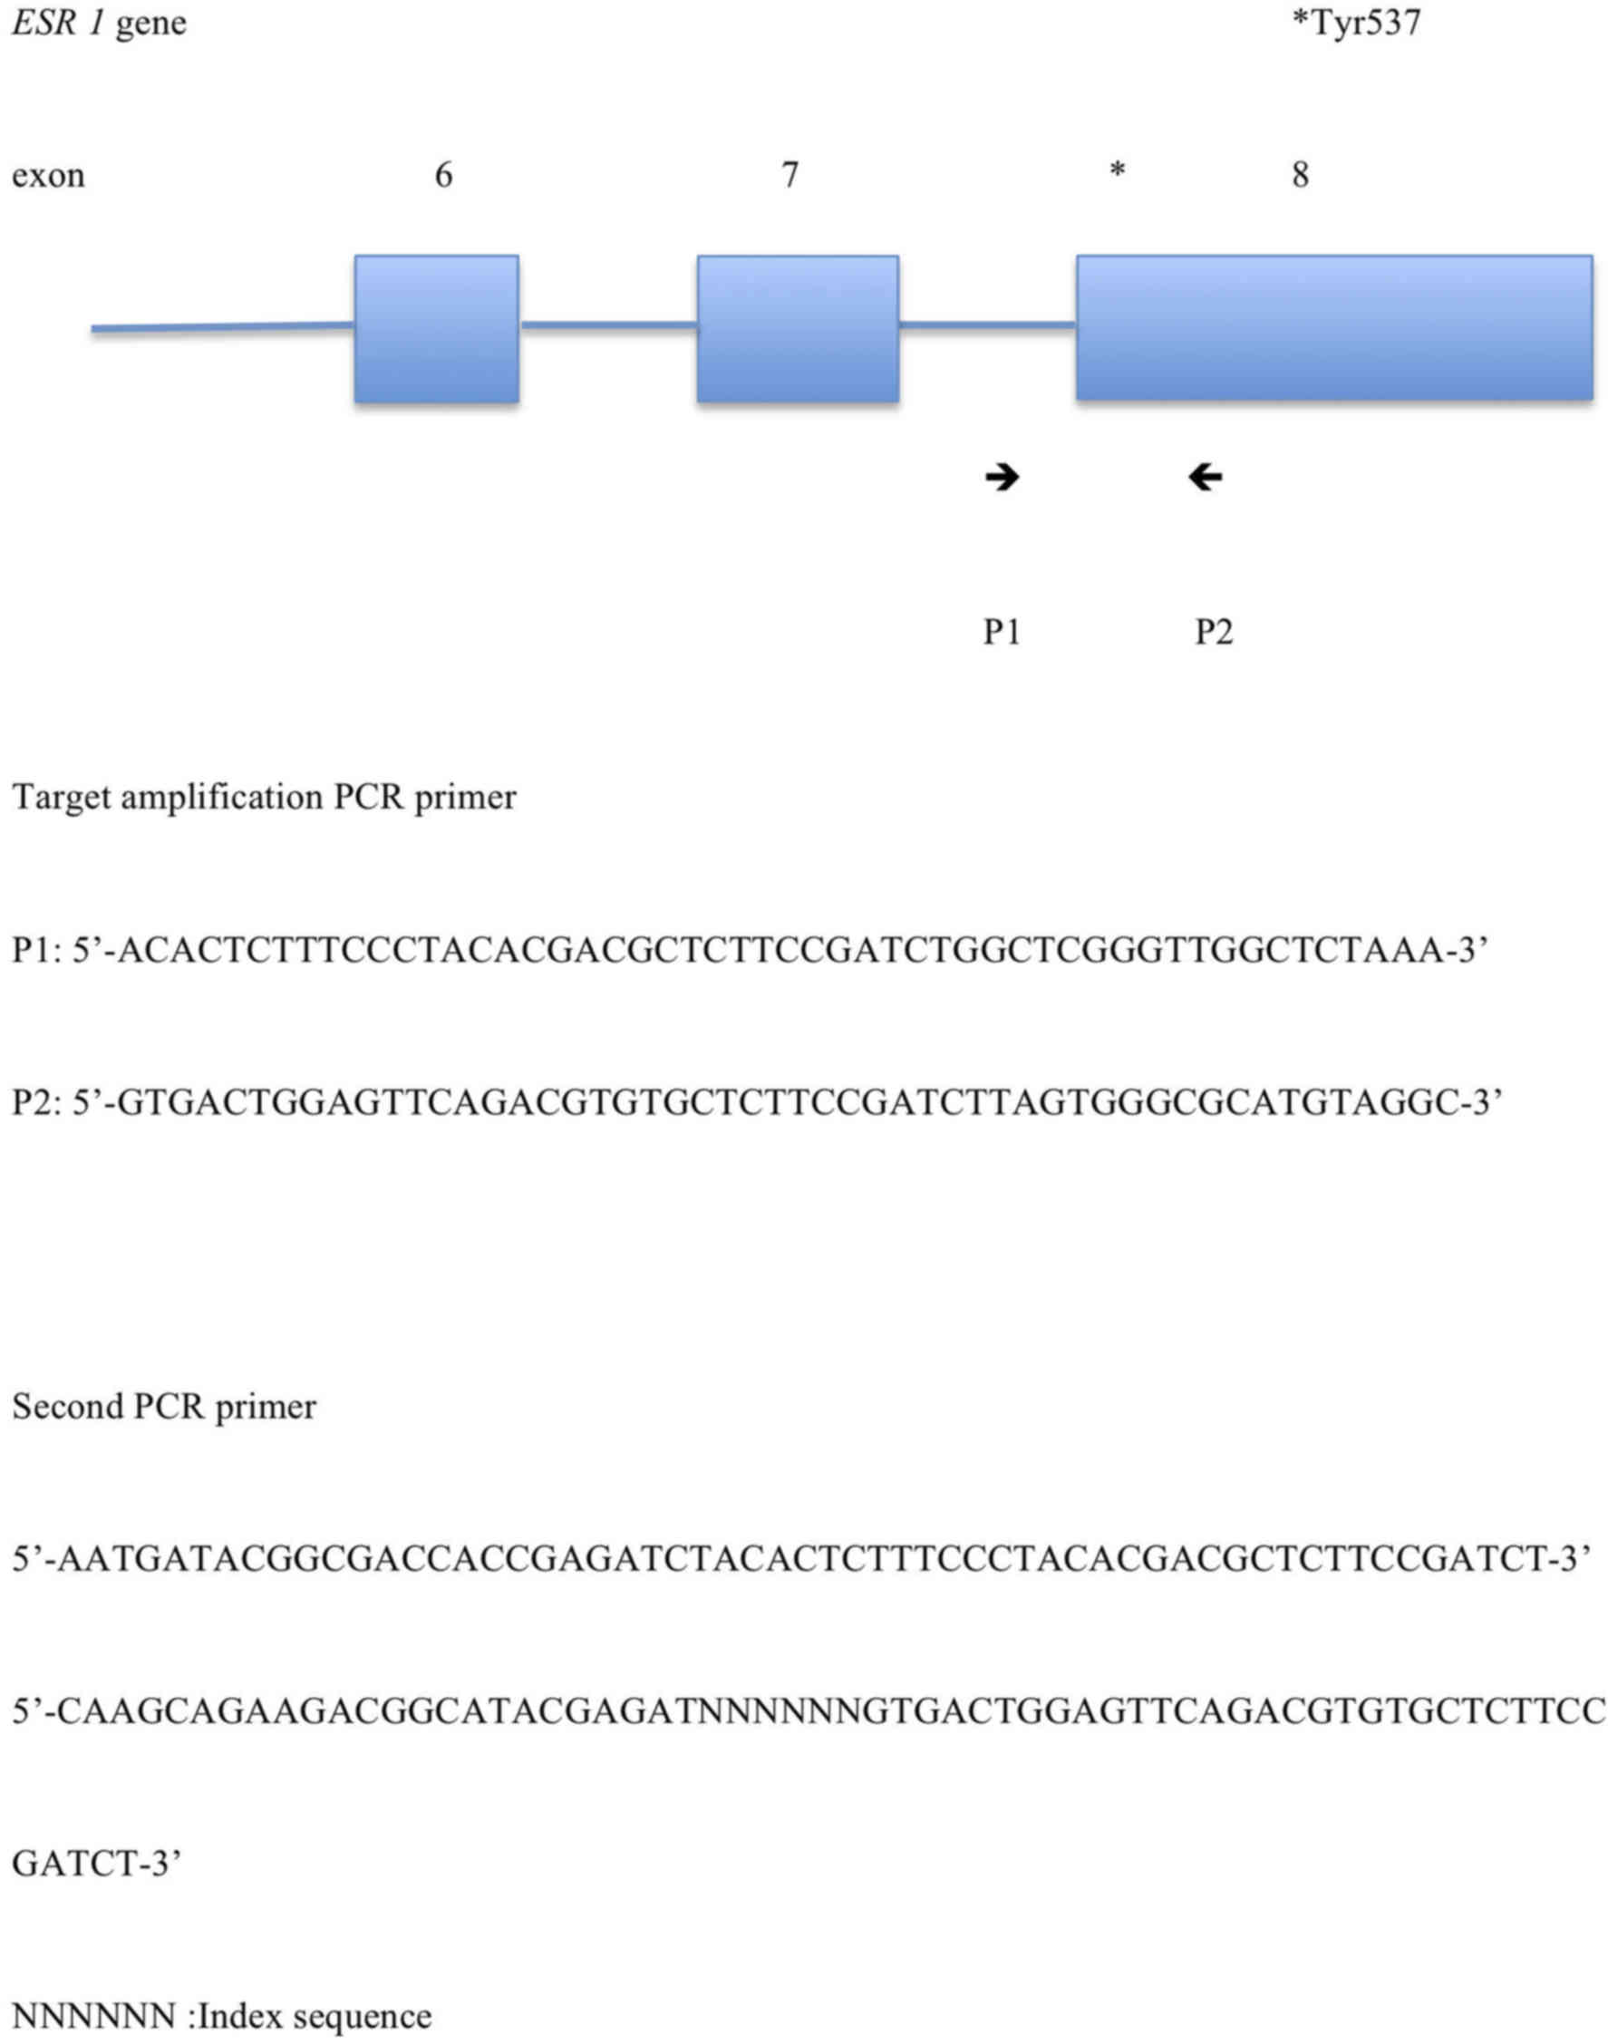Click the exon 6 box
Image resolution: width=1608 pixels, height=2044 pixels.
(436, 329)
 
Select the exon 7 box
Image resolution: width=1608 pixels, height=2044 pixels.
(798, 329)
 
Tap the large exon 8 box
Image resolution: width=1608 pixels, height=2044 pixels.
(1334, 326)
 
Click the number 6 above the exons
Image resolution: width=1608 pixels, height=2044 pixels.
(443, 175)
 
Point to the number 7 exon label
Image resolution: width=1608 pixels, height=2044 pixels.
(789, 175)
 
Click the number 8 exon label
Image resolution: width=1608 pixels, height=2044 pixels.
(1300, 175)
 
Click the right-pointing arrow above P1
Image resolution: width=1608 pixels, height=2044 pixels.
(1002, 478)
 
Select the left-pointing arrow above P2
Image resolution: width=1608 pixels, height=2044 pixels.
(1205, 478)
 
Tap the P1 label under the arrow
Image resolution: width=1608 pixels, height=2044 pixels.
(1002, 632)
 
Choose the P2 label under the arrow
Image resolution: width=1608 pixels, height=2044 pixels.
(1214, 632)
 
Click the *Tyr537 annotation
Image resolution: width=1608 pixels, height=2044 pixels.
(1355, 23)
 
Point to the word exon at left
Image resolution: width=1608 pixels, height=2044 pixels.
(48, 176)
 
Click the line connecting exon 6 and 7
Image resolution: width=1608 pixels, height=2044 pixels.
(608, 325)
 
